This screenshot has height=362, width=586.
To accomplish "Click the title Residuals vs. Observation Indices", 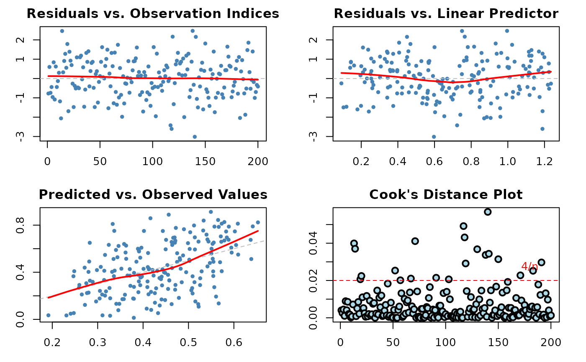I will coord(153,14).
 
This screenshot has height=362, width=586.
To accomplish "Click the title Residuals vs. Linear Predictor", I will coord(446,14).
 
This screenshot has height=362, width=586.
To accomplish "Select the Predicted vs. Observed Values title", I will coord(153,194).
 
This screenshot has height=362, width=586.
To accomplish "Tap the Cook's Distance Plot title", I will coord(446,194).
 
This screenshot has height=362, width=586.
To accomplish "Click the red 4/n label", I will coord(529,266).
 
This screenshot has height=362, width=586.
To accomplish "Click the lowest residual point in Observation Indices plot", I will coord(195,137).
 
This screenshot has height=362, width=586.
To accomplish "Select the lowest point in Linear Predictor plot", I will coord(434,137).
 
